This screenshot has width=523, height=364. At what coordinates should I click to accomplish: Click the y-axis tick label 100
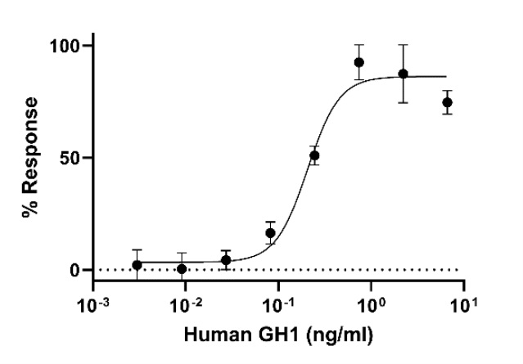click(65, 46)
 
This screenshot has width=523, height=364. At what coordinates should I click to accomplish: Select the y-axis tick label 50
click(71, 158)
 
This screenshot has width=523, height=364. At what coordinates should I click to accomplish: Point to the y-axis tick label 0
click(76, 270)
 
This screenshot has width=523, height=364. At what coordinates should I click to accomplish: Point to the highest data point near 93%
click(358, 62)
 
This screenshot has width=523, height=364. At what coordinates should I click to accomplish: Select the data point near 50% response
click(314, 155)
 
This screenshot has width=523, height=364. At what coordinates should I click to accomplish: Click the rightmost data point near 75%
click(447, 102)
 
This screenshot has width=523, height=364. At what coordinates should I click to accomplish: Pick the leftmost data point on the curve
click(137, 265)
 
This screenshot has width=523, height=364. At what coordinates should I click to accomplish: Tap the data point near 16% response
click(270, 233)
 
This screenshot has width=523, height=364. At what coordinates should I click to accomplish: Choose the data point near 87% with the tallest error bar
click(403, 74)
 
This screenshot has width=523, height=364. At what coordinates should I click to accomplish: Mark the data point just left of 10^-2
click(182, 268)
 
